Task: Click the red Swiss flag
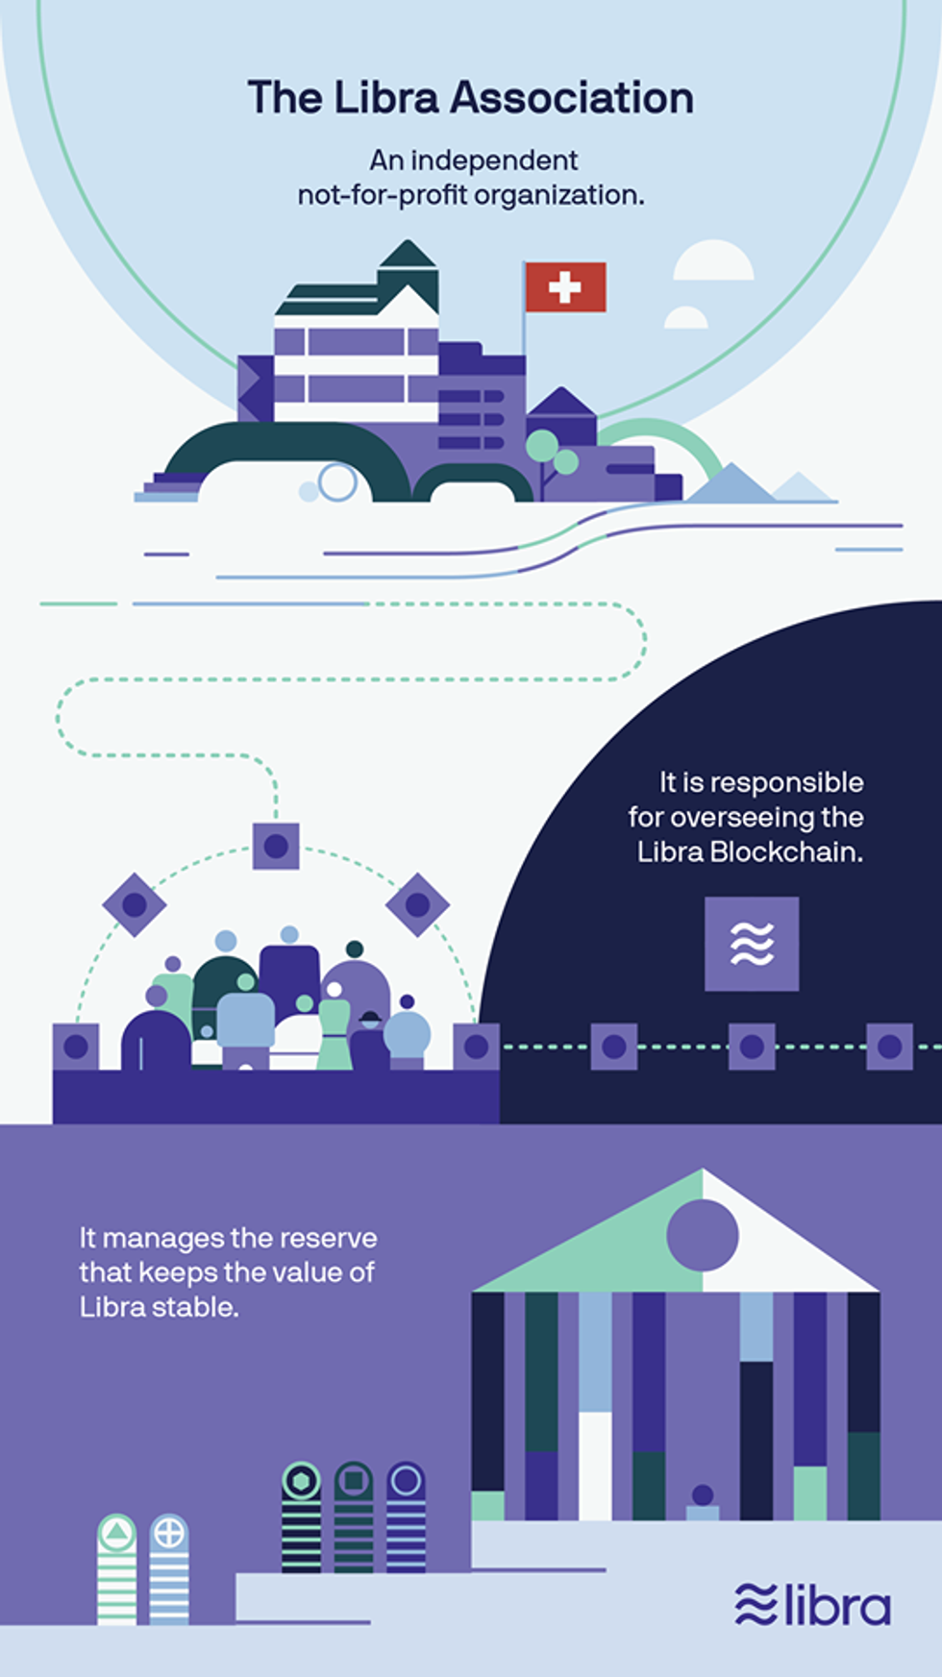coord(565,286)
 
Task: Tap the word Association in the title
coord(572,98)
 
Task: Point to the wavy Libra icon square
coord(752,944)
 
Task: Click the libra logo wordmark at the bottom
coord(813,1604)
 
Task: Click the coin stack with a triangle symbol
coord(117,1569)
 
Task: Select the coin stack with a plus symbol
coord(169,1569)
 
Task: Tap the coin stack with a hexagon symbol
coord(301,1517)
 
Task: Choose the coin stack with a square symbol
coord(354,1517)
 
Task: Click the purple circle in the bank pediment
coord(703,1236)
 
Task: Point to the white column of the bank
coord(595,1466)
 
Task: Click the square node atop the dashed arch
coord(276,846)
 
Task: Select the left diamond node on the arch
coord(135,904)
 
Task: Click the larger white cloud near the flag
coord(713,261)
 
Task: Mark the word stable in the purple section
coord(195,1307)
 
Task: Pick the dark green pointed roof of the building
coord(408,255)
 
